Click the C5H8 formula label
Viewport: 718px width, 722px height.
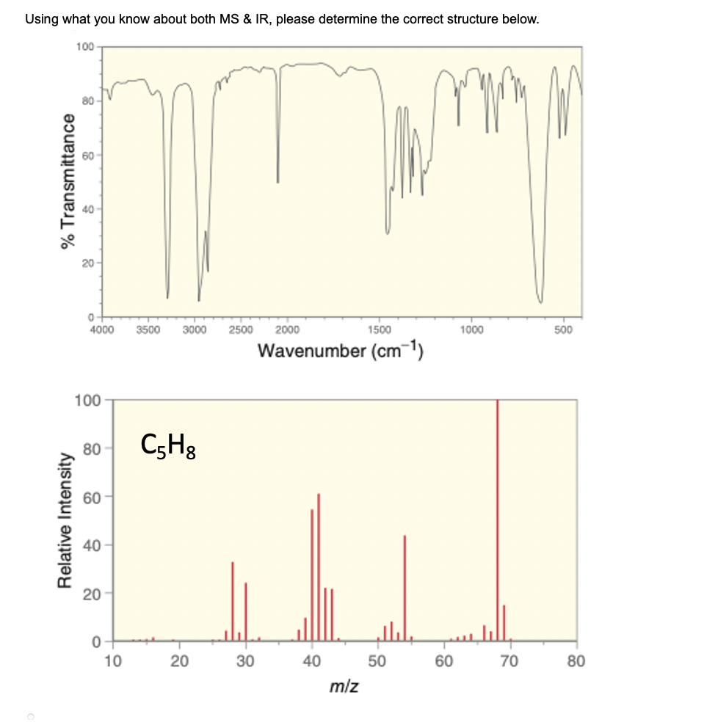point(168,445)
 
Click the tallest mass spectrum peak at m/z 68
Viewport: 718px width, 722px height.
point(498,514)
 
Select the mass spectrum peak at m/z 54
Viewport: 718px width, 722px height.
point(405,587)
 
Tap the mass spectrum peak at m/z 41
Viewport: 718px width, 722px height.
point(319,565)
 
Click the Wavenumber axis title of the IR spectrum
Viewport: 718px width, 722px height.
point(341,350)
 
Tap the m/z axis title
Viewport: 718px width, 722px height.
point(339,687)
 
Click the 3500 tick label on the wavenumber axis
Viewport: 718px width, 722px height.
point(148,329)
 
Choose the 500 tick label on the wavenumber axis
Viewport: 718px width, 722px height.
point(563,329)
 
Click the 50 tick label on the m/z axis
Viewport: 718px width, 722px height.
point(377,662)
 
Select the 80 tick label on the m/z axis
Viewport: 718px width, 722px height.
point(576,662)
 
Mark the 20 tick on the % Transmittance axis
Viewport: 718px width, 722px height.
point(85,263)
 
